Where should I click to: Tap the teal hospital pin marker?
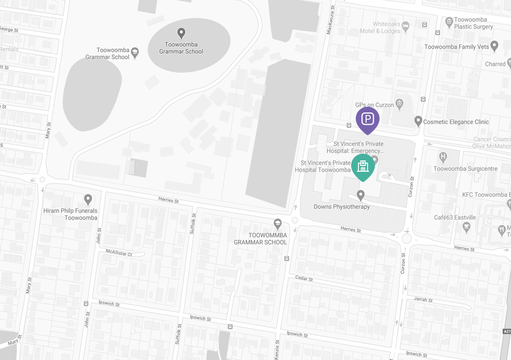[x=363, y=166]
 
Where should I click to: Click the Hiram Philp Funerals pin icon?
[x=88, y=199]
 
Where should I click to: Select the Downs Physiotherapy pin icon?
[x=360, y=195]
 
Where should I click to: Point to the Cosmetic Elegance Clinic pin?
[x=418, y=121]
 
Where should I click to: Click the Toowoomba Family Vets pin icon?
[x=494, y=46]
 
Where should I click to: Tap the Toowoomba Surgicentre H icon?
[x=442, y=157]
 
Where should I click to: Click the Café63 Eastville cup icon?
[x=467, y=226]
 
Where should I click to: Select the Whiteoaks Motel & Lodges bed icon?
[x=406, y=25]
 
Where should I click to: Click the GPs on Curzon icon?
[x=399, y=104]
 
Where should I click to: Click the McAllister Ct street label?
[x=119, y=253]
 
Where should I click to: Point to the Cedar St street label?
[x=304, y=279]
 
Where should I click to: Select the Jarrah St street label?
[x=423, y=300]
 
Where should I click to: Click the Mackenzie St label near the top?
[x=331, y=21]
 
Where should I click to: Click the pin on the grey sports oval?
[x=181, y=34]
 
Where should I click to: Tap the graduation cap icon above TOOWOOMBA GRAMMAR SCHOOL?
[x=277, y=223]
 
